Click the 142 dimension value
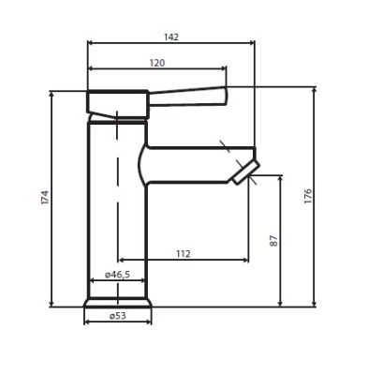tap(169, 37)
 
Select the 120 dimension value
tap(156, 62)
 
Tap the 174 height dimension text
tap(44, 199)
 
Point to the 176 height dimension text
tap(308, 197)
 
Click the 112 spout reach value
tap(183, 254)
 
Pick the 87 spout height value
tap(273, 241)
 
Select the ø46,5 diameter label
tap(116, 275)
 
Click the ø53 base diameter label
tap(117, 316)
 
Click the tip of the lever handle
tap(223, 95)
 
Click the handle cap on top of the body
tap(117, 102)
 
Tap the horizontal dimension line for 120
tap(156, 68)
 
